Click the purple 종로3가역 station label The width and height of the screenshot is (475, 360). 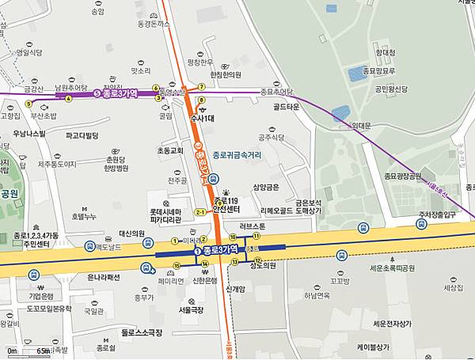[x=116, y=93]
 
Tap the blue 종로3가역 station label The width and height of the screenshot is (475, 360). [x=215, y=250]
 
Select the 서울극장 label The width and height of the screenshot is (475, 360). [x=191, y=309]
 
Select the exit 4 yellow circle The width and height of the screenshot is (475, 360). [x=69, y=98]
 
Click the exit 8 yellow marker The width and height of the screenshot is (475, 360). [x=202, y=100]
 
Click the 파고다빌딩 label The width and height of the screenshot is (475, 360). [x=82, y=135]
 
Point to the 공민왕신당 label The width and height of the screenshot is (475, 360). [x=390, y=89]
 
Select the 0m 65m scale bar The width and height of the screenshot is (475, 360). [x=28, y=350]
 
